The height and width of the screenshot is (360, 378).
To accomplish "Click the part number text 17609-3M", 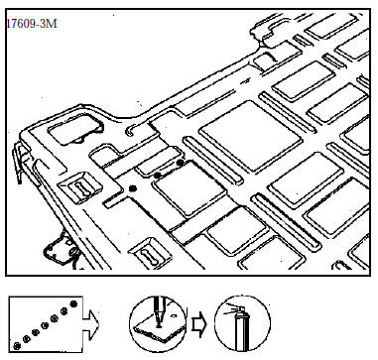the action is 32,24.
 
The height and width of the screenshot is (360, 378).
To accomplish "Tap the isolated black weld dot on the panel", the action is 133,188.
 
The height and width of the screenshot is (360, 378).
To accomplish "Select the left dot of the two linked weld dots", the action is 158,175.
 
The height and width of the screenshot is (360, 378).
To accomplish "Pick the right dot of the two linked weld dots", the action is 181,163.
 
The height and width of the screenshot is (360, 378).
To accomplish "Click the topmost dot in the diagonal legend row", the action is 73,303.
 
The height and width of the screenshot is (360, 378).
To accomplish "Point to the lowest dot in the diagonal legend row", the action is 17,346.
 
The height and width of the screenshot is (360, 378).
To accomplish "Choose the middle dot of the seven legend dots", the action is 45,325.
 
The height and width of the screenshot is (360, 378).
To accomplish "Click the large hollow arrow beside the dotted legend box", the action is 90,325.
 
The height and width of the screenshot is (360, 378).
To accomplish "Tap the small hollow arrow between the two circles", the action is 199,324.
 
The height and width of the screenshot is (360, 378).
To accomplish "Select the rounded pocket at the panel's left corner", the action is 75,129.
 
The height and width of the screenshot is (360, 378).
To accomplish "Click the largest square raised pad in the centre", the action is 251,136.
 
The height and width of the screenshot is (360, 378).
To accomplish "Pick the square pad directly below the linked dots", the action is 189,189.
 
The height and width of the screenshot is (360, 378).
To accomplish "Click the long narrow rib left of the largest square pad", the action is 213,161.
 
